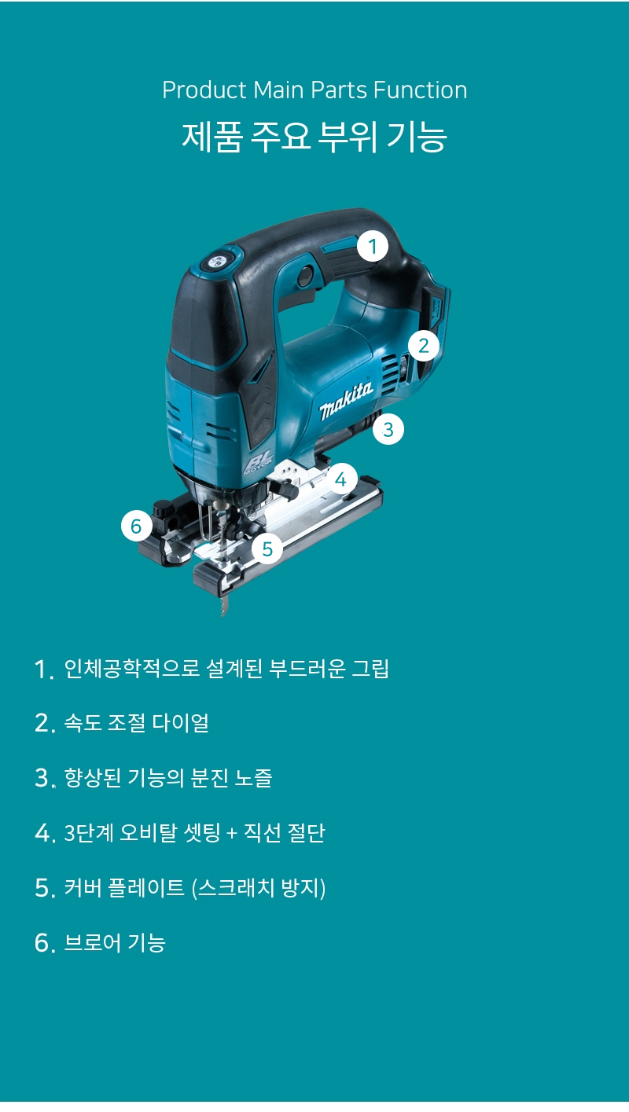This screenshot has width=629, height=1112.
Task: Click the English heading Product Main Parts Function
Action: click(314, 90)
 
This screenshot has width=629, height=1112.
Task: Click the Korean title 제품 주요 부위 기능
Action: click(314, 137)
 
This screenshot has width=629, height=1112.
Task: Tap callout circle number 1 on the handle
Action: click(373, 247)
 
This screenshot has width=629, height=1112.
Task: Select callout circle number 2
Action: click(424, 345)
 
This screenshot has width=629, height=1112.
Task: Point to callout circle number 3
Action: click(388, 430)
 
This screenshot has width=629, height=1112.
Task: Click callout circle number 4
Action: click(340, 478)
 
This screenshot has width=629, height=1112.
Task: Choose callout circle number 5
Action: click(267, 549)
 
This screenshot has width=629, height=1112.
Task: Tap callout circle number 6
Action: click(137, 526)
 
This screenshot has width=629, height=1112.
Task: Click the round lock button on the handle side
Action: click(302, 274)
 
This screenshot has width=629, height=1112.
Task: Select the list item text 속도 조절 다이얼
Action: click(136, 723)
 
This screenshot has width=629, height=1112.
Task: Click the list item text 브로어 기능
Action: click(115, 942)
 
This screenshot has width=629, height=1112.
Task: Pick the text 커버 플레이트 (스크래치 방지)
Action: click(194, 888)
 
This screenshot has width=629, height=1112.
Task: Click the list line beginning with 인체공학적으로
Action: click(226, 670)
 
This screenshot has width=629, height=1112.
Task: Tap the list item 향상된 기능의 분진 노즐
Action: click(167, 778)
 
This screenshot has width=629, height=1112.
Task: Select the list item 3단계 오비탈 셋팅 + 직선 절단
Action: click(194, 833)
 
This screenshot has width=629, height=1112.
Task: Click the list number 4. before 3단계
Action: click(45, 834)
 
